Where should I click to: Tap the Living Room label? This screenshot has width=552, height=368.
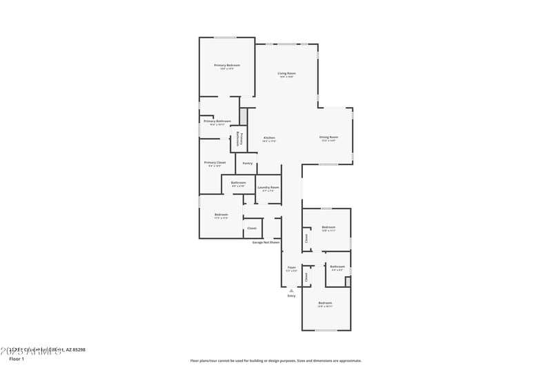pos(287,73)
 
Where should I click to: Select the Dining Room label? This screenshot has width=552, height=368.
pos(328,137)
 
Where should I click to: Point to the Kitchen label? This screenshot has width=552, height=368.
pos(269,138)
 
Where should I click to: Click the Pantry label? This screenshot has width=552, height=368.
pos(248,164)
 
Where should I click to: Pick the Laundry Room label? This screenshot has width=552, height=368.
pos(268,187)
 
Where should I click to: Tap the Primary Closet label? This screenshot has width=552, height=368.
pos(215,162)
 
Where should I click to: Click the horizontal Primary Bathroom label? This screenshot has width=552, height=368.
pos(217,121)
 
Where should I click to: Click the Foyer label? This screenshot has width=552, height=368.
pos(291,267)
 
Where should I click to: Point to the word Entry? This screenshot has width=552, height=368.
pos(291,296)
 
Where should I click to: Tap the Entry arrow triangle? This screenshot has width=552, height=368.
pos(291,290)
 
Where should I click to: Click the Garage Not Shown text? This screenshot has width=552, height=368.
pos(266,242)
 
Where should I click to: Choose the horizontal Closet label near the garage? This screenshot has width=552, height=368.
pos(252,228)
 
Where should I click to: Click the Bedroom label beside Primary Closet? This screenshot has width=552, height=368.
pos(221,215)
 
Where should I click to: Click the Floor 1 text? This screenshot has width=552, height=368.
pos(17,359)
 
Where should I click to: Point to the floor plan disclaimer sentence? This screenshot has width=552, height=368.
pos(275,360)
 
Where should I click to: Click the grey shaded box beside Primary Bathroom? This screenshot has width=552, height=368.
pos(244,116)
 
